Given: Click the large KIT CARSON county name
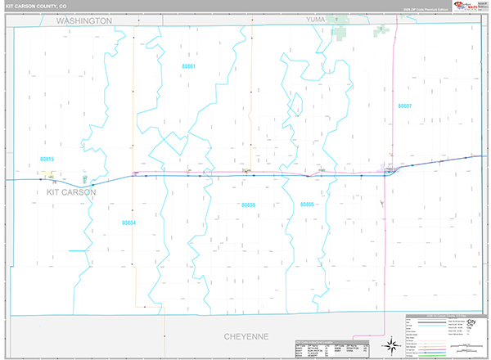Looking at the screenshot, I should (65, 192).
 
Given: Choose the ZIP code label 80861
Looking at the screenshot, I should (189, 65).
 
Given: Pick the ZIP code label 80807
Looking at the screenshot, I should (404, 106).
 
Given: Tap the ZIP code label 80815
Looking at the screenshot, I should (47, 159).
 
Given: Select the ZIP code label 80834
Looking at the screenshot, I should (128, 222).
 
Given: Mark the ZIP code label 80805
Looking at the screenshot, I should (307, 205).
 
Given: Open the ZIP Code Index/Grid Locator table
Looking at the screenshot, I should (323, 350).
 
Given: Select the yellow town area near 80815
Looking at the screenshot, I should (52, 173).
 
